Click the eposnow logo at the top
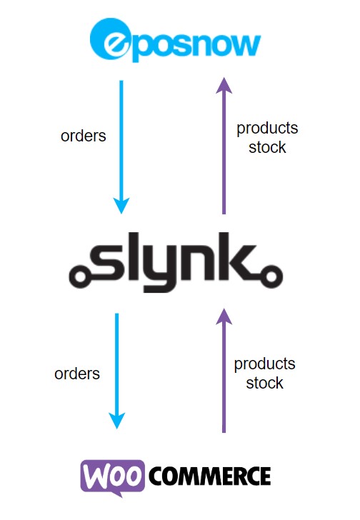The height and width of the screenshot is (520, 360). click(176, 40)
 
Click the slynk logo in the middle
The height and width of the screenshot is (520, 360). click(176, 262)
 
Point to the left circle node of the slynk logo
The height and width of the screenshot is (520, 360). click(79, 276)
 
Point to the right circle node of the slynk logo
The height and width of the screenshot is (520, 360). click(271, 276)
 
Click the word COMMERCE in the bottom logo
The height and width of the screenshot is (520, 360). click(210, 476)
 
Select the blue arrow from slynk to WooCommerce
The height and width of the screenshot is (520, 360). click(116, 371)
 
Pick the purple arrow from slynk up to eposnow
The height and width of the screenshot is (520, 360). click(224, 146)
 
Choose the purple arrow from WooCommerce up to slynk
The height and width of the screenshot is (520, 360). click(224, 371)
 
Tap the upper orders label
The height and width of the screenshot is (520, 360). click(83, 136)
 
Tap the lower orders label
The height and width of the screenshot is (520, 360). click(77, 374)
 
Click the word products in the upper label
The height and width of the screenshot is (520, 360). click(267, 129)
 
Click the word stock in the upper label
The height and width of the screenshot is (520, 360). click(267, 148)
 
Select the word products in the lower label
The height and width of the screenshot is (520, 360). click(264, 364)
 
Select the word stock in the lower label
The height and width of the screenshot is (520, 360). click(264, 383)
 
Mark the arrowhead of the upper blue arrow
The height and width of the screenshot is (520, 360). click(121, 206)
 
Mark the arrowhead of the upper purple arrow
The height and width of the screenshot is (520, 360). click(224, 85)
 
